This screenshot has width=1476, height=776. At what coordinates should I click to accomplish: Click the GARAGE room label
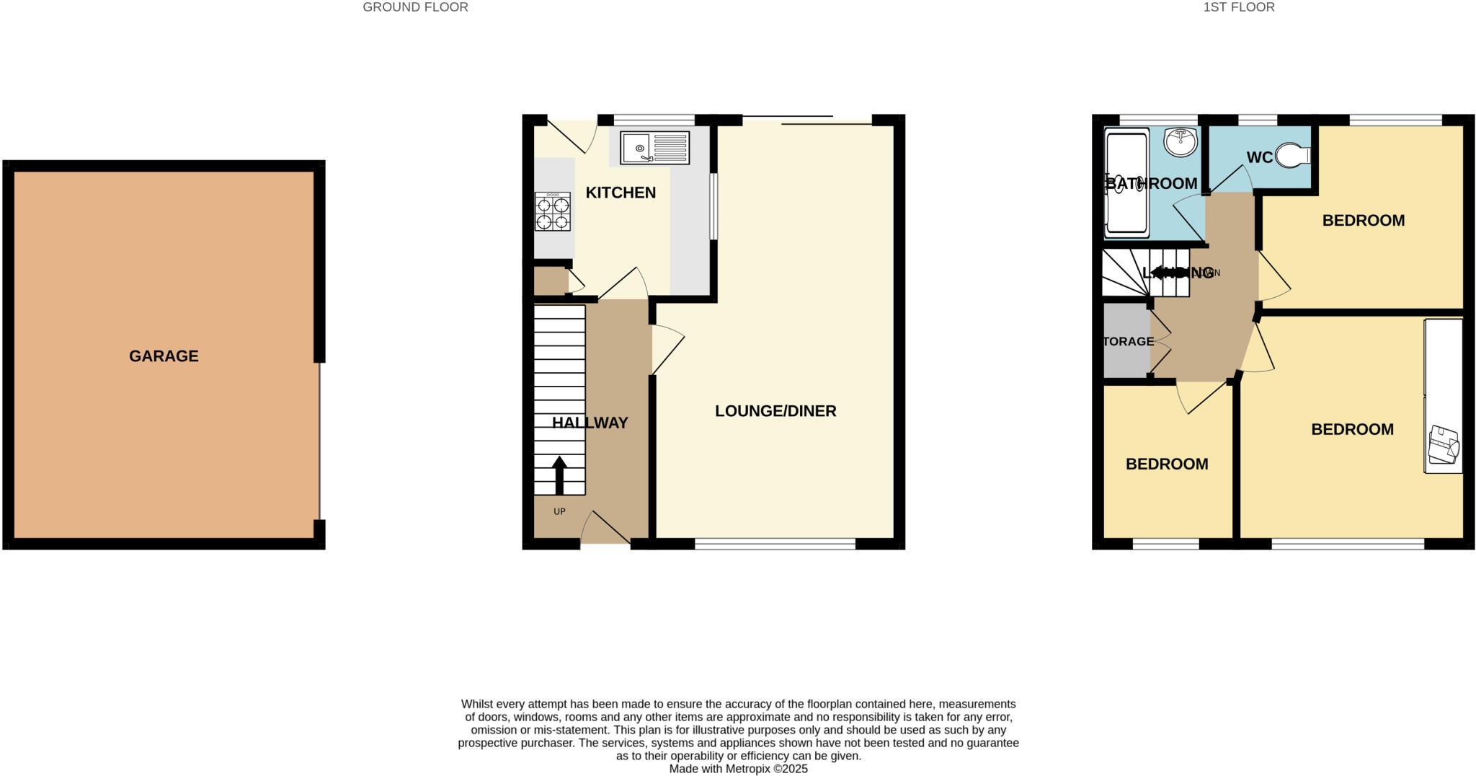coord(164,356)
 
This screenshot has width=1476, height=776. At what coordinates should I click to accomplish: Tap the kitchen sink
coord(654,148)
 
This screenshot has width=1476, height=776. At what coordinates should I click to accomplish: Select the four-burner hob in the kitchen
coord(552,211)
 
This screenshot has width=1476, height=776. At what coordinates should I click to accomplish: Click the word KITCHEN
coord(621,193)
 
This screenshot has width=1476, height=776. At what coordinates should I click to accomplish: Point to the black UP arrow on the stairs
coord(559,474)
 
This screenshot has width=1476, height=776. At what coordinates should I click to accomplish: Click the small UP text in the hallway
coord(559,511)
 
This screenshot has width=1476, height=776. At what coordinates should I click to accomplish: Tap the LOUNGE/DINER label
coord(775,411)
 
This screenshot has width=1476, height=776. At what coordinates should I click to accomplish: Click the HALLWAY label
coord(590,423)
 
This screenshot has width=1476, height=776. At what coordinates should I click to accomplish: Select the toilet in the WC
coord(1293,155)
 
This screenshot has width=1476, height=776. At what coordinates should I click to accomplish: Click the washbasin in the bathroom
coord(1181,142)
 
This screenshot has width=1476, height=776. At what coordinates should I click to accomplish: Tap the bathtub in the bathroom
coord(1126,184)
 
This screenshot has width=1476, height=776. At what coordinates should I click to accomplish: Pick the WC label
coord(1259,157)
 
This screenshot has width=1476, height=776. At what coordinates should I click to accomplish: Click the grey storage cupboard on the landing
coord(1126,340)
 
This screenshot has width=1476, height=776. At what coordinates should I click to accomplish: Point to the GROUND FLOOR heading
coord(415,7)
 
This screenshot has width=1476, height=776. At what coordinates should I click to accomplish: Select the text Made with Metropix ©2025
coord(738,769)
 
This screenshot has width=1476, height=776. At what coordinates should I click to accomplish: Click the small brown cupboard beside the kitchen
coord(551,281)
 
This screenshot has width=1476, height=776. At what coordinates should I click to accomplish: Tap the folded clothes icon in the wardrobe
coord(1444,446)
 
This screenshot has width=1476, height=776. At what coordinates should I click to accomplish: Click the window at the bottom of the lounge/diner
coord(775,544)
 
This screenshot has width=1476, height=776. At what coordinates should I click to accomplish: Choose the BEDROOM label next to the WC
coord(1363,221)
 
